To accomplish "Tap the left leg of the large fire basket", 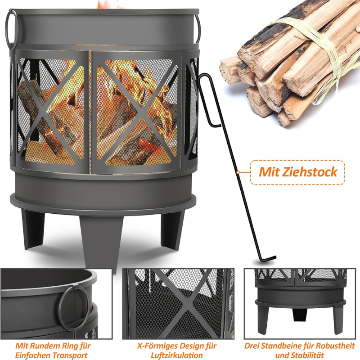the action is [34, 229].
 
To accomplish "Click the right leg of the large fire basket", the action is [173, 229].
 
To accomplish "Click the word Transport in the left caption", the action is [72, 355].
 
